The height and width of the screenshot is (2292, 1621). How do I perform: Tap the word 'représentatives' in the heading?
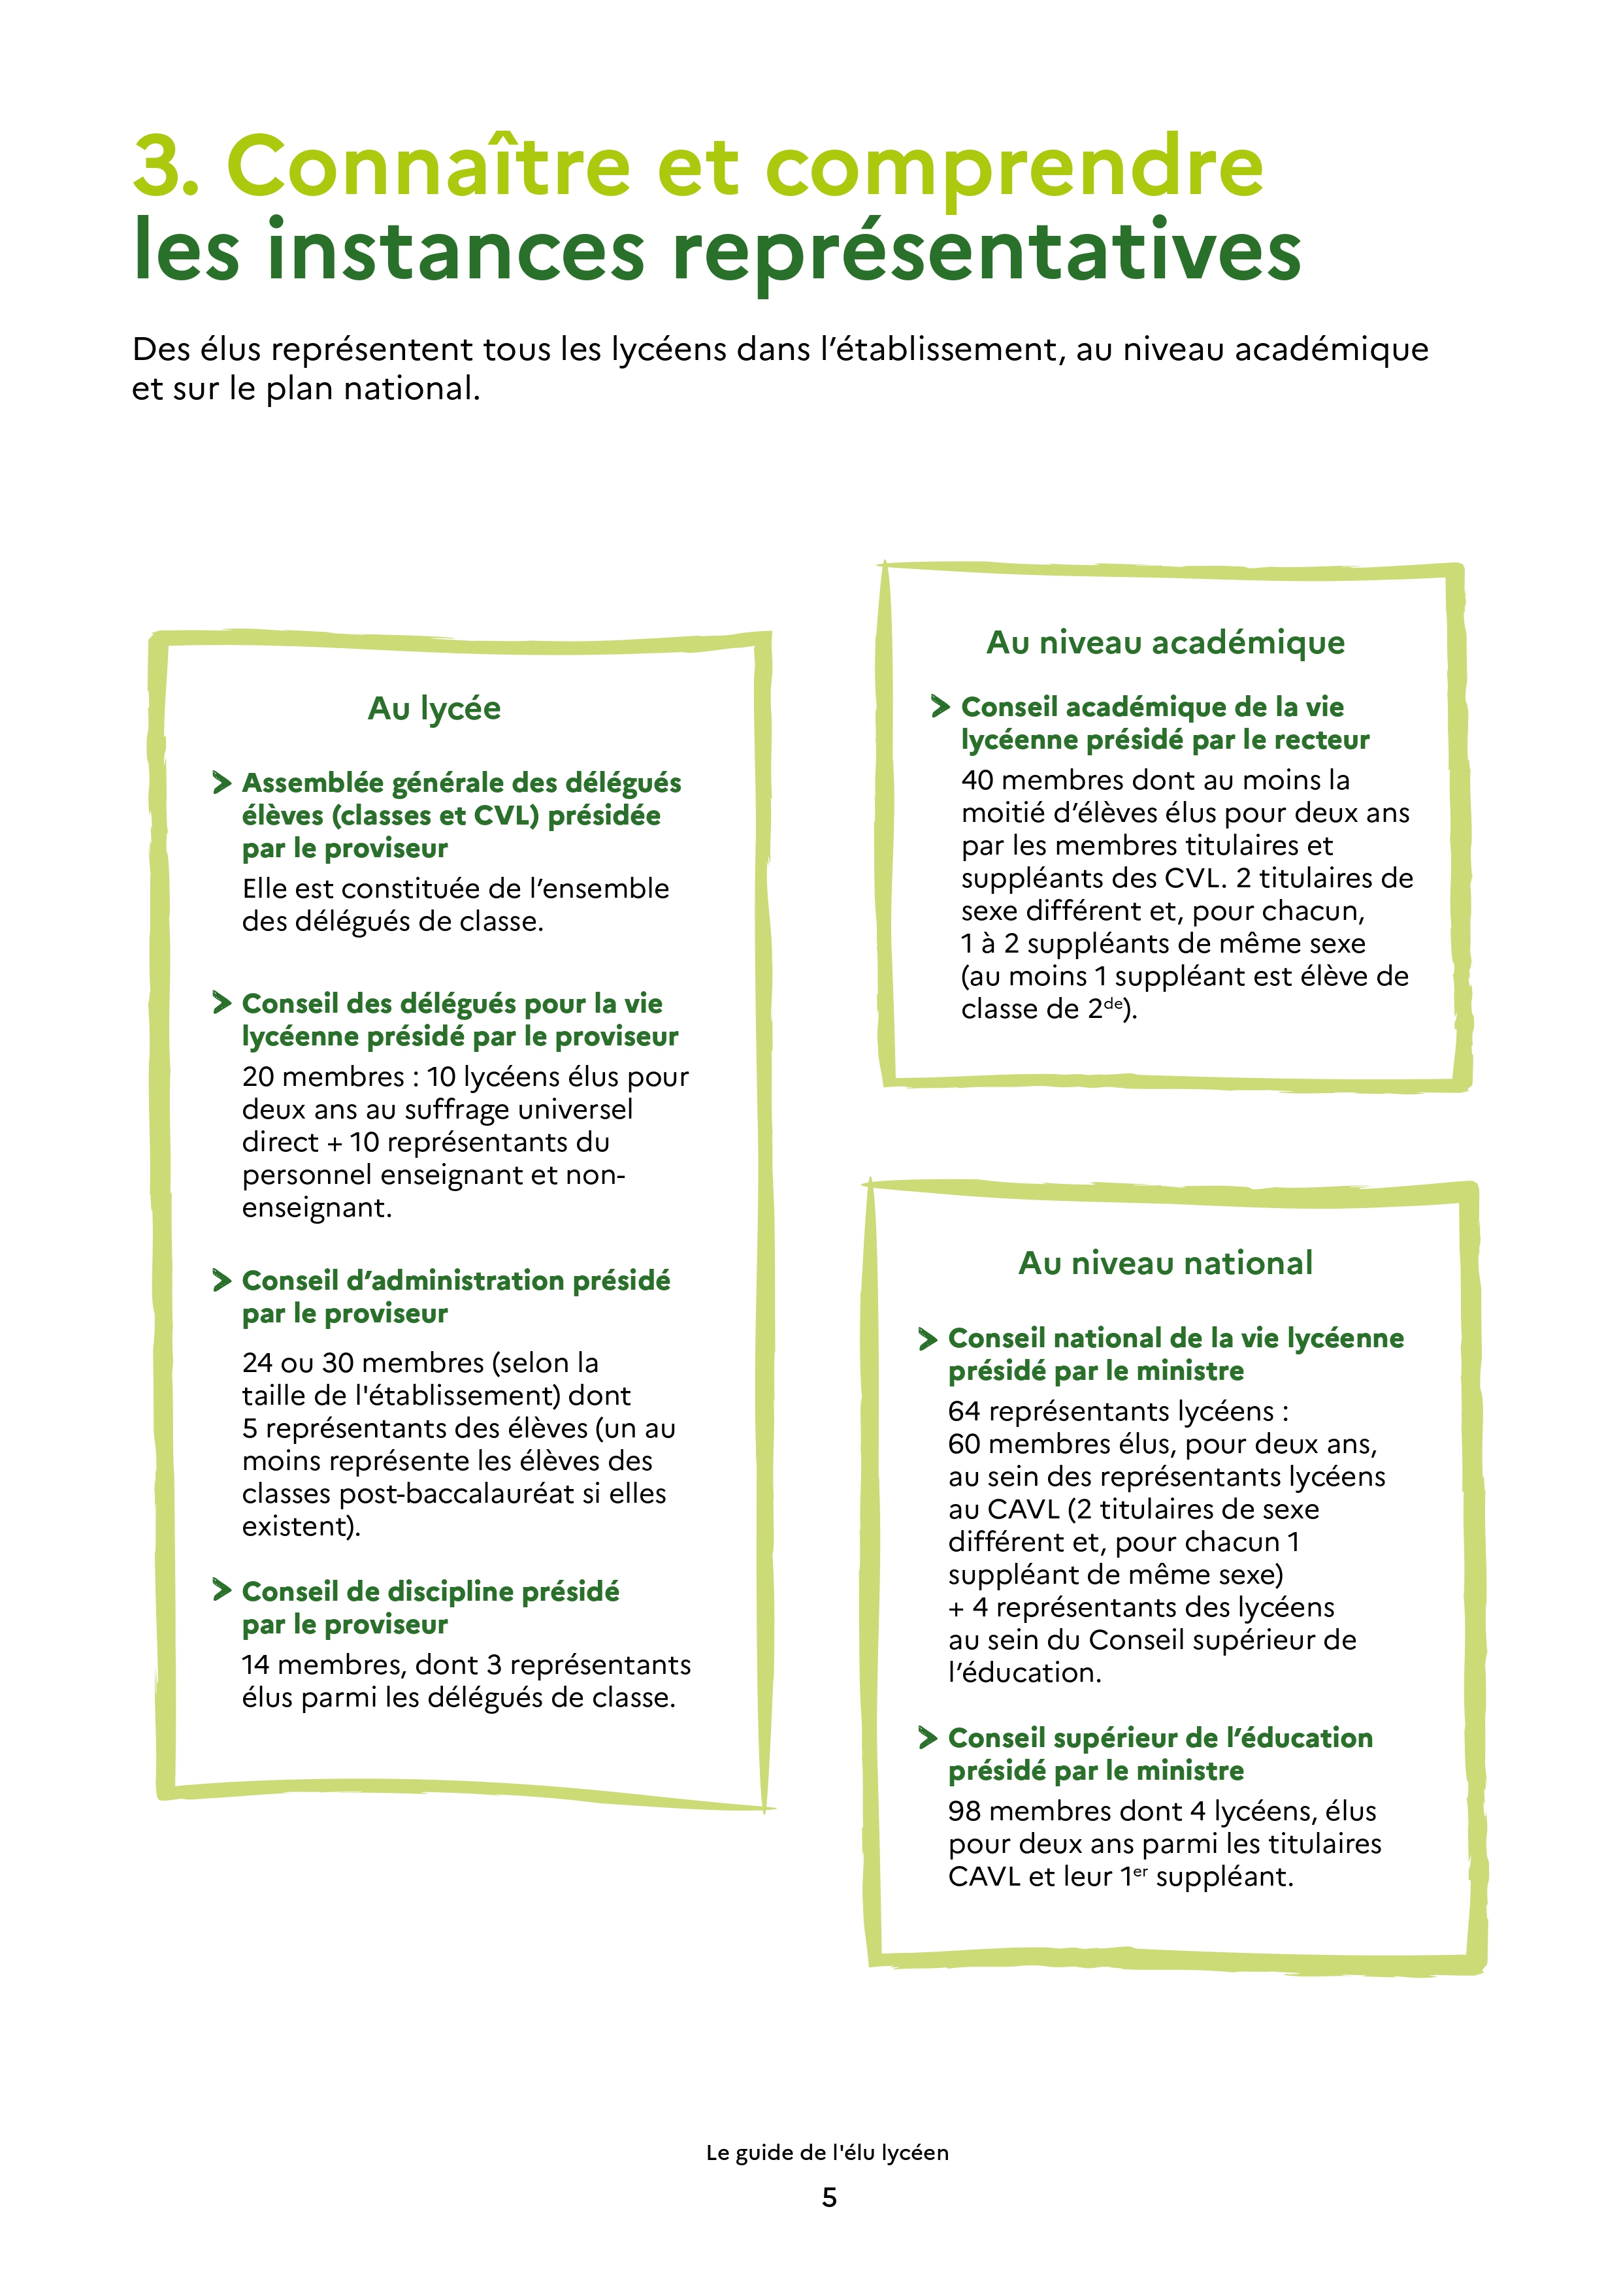point(986,252)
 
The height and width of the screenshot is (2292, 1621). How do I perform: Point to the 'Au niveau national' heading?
point(1165,1263)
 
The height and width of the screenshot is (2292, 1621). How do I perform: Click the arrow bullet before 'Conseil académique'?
point(940,707)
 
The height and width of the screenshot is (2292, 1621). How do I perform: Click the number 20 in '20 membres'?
point(261,1077)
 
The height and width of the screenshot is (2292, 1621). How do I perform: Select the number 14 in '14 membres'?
point(257,1664)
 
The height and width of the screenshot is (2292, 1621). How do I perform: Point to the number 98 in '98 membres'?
point(965,1811)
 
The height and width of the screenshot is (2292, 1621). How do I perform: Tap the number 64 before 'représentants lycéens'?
point(965,1411)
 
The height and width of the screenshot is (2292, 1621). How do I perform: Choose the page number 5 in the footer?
point(828,2197)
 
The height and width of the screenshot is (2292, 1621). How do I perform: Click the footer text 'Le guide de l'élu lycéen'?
point(827,2152)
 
